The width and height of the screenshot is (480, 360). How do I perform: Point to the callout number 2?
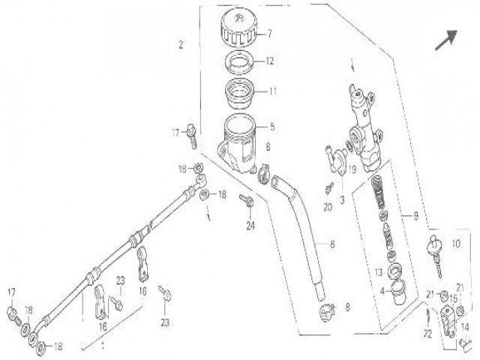click(181, 44)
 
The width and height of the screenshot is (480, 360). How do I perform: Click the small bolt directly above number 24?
click(244, 199)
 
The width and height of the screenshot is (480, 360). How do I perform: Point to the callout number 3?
click(341, 199)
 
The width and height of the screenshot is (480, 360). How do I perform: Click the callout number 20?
click(327, 206)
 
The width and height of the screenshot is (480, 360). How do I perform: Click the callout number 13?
click(378, 271)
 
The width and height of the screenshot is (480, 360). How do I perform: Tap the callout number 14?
click(466, 326)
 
